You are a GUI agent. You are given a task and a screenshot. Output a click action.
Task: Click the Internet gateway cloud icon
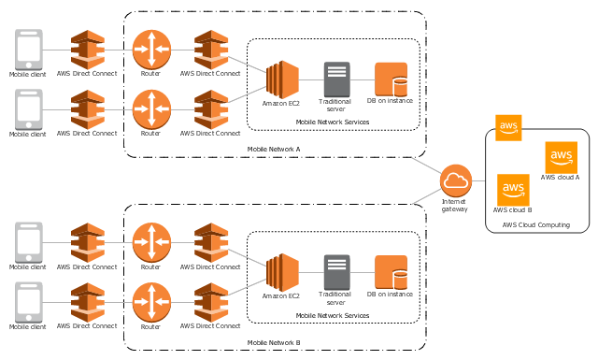456,180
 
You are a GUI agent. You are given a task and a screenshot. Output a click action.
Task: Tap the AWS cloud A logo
561,158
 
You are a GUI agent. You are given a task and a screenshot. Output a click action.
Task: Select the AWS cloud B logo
513,190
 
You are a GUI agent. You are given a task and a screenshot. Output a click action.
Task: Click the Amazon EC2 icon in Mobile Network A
282,79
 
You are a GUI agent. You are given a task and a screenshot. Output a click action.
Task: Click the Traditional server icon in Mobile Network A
336,79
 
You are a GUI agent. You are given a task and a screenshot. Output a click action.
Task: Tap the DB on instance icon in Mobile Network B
391,272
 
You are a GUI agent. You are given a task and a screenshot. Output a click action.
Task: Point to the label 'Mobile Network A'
274,150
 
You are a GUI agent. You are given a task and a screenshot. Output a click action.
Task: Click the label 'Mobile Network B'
274,343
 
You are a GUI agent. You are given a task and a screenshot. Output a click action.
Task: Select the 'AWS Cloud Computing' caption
535,224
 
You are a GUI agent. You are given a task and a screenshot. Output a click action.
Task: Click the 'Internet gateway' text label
454,206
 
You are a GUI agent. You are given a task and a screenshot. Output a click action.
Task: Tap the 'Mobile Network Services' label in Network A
333,122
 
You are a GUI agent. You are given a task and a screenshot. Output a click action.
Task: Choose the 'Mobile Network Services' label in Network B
333,316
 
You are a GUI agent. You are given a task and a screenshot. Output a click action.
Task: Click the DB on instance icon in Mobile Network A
391,79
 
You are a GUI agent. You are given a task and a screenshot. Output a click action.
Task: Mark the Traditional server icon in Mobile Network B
336,272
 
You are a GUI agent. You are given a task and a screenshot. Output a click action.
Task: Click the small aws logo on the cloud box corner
508,128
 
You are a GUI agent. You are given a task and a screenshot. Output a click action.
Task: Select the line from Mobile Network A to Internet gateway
426,165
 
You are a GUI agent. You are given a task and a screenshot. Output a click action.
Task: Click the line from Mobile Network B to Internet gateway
427,195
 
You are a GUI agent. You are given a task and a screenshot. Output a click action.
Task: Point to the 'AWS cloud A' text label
560,178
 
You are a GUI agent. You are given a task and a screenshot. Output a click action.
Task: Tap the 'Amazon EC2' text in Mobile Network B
280,296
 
